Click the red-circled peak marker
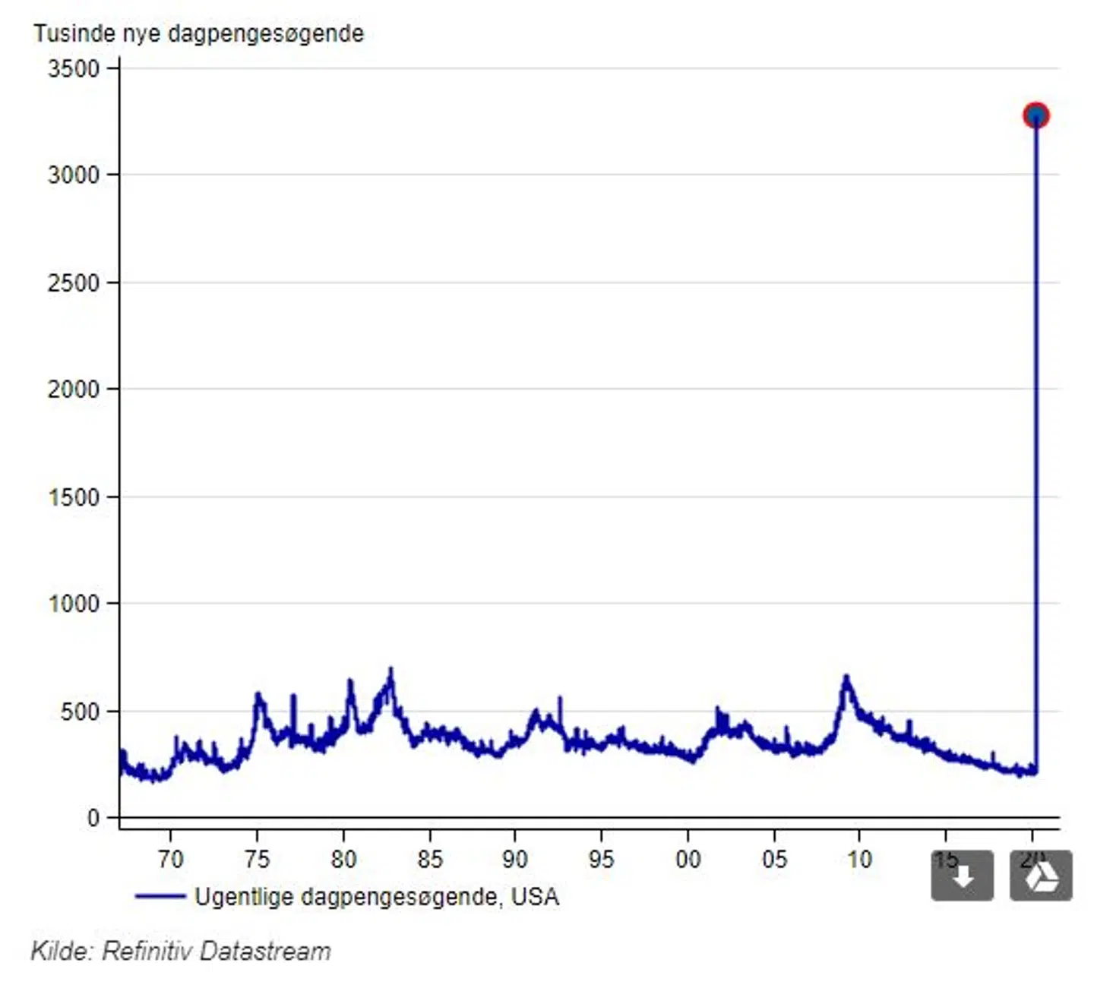[x=1036, y=115]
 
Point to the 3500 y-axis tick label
[x=74, y=69]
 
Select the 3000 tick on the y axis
[x=74, y=175]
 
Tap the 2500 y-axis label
[x=74, y=282]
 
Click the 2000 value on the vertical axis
[x=74, y=389]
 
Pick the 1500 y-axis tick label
[x=74, y=497]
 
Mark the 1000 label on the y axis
[x=74, y=604]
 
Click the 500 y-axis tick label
[x=81, y=712]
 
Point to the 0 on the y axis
[x=93, y=818]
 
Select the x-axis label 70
[x=170, y=859]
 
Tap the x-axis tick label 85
[x=429, y=859]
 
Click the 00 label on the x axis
[x=688, y=859]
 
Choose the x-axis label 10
[x=859, y=859]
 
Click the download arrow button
[x=962, y=876]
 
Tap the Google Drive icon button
[x=1041, y=876]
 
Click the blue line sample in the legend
[x=160, y=897]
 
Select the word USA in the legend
[x=535, y=897]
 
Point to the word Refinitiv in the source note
[x=145, y=951]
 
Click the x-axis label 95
[x=601, y=859]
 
